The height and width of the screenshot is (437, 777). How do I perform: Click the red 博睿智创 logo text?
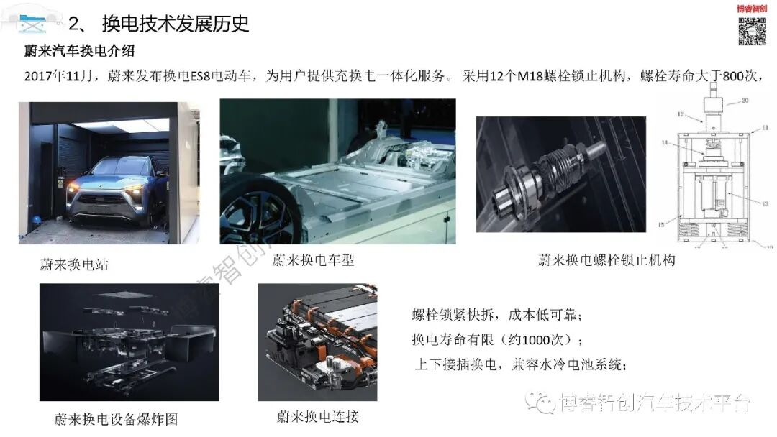coord(753,9)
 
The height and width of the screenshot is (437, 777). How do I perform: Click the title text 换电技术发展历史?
coord(176,24)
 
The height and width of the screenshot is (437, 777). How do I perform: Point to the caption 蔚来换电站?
coord(74,264)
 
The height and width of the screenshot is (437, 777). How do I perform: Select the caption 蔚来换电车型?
coord(313,259)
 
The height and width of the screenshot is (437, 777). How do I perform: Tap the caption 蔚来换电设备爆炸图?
coord(115,419)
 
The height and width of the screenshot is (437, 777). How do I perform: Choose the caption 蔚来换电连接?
coord(317,416)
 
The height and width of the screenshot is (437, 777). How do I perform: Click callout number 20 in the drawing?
coord(744,101)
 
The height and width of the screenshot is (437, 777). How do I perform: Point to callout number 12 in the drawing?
coord(680,114)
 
